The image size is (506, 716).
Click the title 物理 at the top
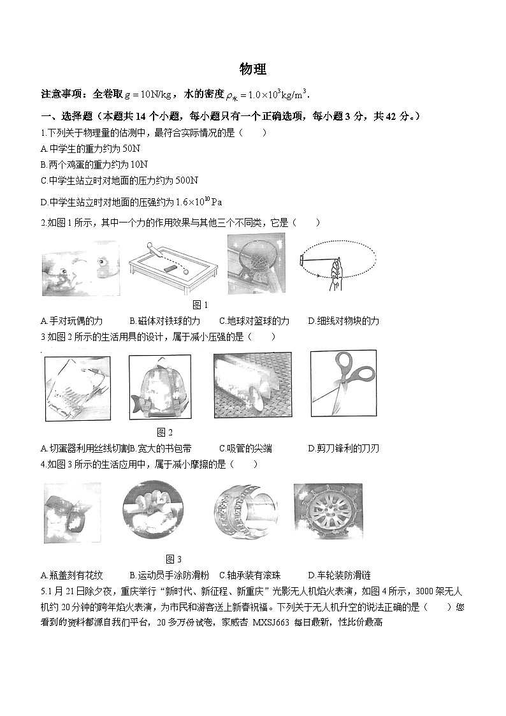tap(252, 69)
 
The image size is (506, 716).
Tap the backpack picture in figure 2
tap(160, 388)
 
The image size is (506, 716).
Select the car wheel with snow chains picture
tap(328, 511)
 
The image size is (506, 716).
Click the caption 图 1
tap(200, 305)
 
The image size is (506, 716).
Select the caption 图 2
tap(164, 432)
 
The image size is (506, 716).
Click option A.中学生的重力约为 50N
tap(90, 149)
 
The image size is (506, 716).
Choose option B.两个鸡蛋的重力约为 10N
tap(94, 164)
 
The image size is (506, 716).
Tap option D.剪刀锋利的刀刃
tap(343, 448)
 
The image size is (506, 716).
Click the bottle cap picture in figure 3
tap(72, 513)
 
